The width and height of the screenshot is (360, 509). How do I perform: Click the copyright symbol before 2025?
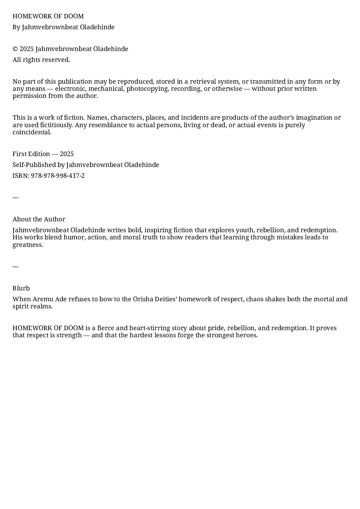(x=15, y=49)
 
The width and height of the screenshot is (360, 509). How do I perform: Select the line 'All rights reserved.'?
(x=41, y=60)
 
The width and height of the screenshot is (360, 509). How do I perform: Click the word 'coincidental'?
(x=32, y=132)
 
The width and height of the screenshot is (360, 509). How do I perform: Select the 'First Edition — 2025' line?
(x=43, y=154)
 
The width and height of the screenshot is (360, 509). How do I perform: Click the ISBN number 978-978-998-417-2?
(x=58, y=176)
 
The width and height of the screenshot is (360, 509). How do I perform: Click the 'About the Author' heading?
(x=39, y=219)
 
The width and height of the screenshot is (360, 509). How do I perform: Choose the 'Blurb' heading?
(x=21, y=288)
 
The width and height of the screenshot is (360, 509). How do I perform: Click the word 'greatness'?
(x=27, y=245)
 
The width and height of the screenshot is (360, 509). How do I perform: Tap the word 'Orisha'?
(x=143, y=299)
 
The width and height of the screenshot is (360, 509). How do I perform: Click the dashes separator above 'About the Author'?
(x=15, y=198)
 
